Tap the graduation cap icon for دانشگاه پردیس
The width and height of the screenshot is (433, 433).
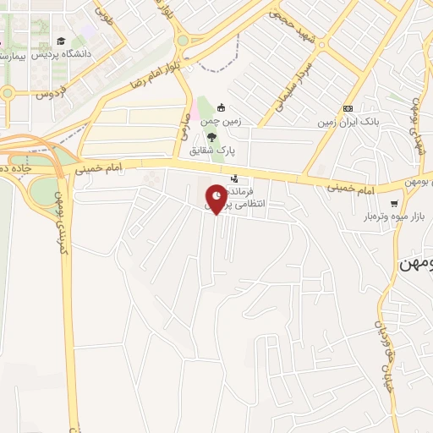[60, 40]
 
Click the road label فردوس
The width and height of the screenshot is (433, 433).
[50, 93]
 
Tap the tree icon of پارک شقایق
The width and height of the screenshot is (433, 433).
[212, 137]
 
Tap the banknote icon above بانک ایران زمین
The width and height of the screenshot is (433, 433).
[348, 109]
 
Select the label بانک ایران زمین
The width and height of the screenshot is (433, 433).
[348, 123]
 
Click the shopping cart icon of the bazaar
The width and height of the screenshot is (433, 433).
[394, 203]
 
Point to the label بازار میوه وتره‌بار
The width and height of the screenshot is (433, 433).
[393, 216]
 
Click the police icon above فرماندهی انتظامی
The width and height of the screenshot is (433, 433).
[234, 178]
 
